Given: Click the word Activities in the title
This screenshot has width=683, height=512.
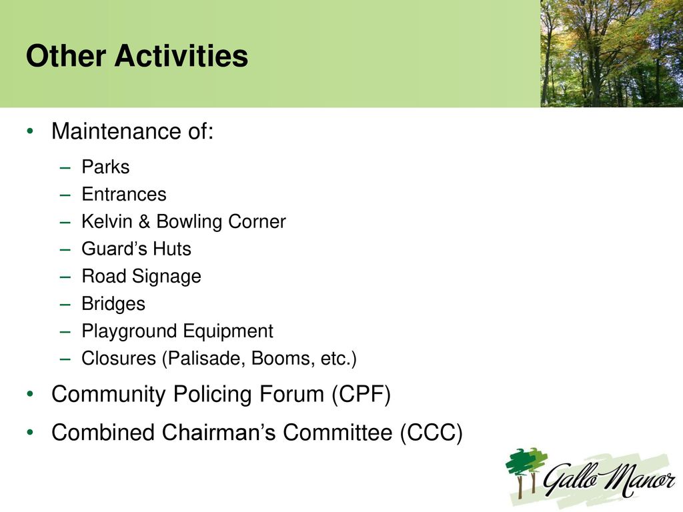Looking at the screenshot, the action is tap(181, 56).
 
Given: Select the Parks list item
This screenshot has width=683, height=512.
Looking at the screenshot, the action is tap(105, 167).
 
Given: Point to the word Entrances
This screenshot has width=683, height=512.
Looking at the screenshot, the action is tap(124, 194).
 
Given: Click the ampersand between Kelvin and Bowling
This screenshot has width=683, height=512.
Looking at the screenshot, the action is tap(144, 221).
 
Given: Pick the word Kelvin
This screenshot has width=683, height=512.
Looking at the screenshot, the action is tap(107, 221).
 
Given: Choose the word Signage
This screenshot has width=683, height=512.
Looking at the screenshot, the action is tap(166, 277).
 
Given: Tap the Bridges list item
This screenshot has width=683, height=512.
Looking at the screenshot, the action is tap(113, 304).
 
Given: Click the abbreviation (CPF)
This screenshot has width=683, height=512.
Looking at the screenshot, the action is tap(361, 395).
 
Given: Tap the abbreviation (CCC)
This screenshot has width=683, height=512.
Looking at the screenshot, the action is tap(432, 433).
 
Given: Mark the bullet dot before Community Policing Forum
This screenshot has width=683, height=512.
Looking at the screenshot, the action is tap(29, 395).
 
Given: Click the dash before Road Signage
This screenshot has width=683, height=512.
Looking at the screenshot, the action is tap(65, 277).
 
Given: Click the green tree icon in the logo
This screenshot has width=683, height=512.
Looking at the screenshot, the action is tap(526, 473).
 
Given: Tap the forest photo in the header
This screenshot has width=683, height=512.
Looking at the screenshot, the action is tap(612, 53).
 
